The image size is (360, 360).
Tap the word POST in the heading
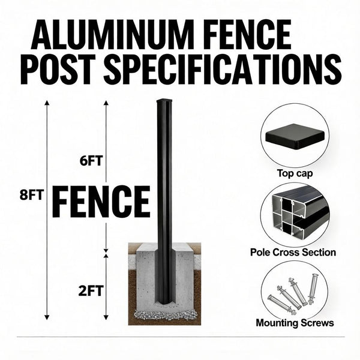pos(58,71)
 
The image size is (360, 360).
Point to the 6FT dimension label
pos(91,161)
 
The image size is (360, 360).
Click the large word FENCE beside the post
pos(101,201)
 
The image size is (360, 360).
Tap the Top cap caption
pos(295,174)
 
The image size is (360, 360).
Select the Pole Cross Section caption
pos(293,253)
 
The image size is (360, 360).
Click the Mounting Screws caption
pos(294,323)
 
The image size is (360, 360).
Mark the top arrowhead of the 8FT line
pos(47,103)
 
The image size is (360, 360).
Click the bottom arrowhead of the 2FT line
pos(106,316)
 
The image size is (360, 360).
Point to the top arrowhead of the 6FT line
pos(106,103)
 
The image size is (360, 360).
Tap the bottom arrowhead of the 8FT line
pos(47,316)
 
